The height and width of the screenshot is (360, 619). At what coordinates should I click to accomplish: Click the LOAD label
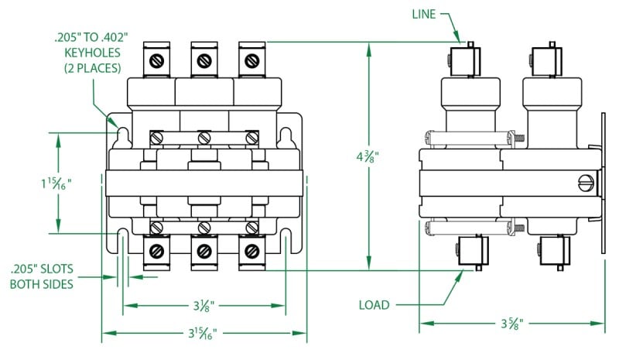click(x=375, y=304)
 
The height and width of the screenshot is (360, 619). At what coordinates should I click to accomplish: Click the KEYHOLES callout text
click(x=92, y=53)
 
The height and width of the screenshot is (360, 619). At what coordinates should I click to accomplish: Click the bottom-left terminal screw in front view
click(x=156, y=252)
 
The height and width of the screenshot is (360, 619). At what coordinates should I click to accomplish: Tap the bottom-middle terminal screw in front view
click(x=203, y=252)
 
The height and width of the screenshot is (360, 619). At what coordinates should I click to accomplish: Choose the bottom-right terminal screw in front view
click(x=251, y=252)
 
